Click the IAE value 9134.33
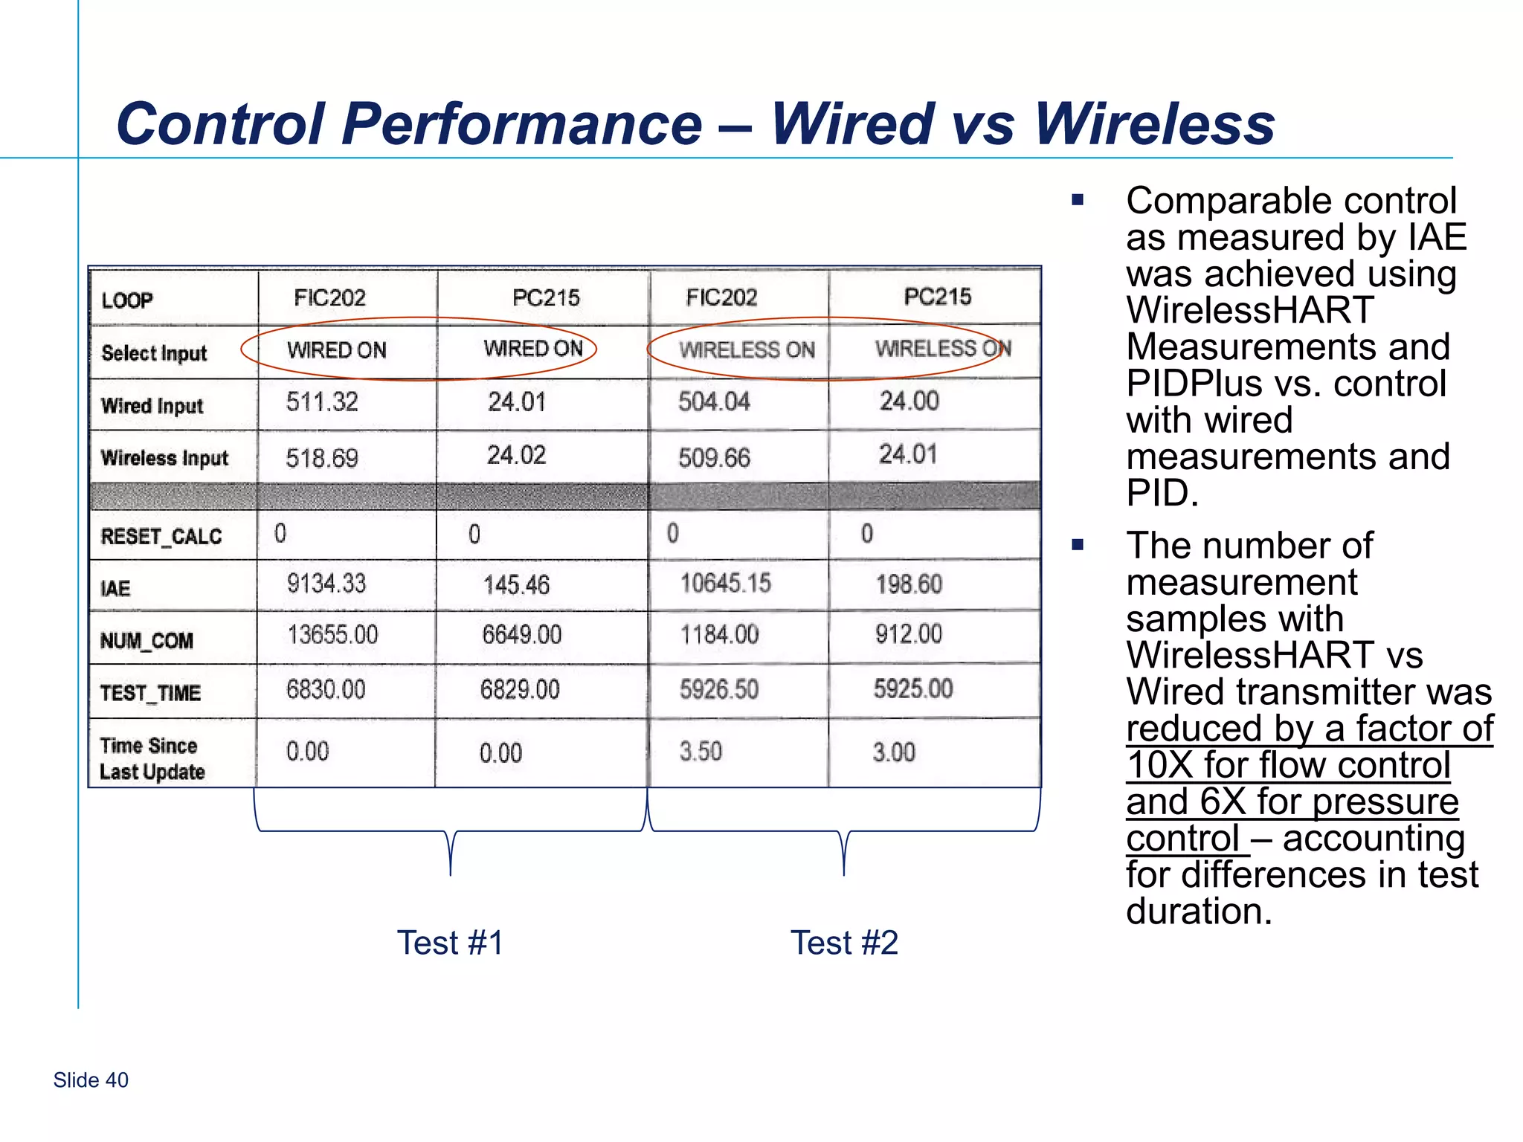coord(326,584)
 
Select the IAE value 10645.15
coord(725,583)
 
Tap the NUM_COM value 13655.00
coord(332,635)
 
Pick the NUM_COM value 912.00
coord(908,634)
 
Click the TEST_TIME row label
coord(150,693)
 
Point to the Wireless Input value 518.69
coord(322,458)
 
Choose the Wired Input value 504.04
coord(714,401)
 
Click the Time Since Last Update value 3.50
coord(701,751)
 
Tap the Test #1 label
coord(450,943)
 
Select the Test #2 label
coord(844,943)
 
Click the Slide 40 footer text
coord(91,1080)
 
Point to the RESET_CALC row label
coord(161,536)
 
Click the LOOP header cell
coord(127,300)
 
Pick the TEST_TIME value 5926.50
coord(719,689)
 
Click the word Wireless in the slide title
coord(1154,123)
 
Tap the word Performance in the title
coord(521,123)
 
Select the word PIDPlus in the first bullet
coord(1193,384)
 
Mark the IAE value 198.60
coord(909,584)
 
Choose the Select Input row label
coord(154,353)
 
